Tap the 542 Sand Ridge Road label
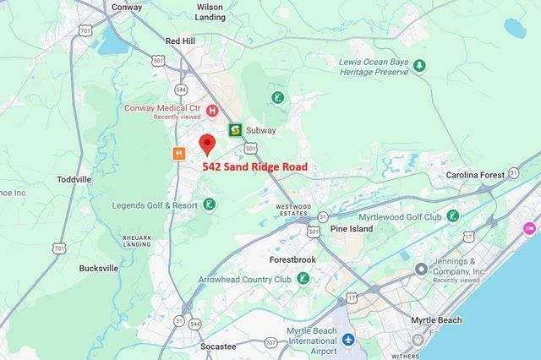(x=254, y=167)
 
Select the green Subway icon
(x=236, y=130)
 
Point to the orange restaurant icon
(x=178, y=154)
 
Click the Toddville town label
(x=74, y=180)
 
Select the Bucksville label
(x=98, y=268)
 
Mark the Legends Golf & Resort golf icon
(x=209, y=205)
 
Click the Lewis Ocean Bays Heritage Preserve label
(x=380, y=67)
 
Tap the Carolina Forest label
(x=476, y=175)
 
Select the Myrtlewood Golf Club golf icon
(x=452, y=215)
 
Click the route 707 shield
(x=270, y=342)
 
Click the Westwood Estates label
(x=292, y=210)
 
